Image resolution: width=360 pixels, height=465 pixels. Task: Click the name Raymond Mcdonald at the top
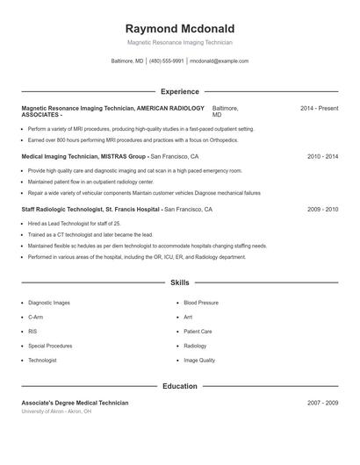pos(180,29)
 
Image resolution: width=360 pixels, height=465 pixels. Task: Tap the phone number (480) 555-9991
pos(166,61)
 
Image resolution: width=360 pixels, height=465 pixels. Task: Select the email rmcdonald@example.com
pos(220,61)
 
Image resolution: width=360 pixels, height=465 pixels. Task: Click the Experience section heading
pos(180,91)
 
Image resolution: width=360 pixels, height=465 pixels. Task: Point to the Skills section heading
pos(180,283)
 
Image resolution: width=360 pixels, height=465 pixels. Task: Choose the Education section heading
pos(180,386)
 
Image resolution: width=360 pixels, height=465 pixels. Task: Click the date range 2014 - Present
pos(319,108)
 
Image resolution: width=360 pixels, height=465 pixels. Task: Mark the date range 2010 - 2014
pos(322,156)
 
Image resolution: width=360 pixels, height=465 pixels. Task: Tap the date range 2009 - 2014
pos(322,210)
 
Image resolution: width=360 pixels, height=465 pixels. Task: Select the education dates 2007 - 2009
pos(322,403)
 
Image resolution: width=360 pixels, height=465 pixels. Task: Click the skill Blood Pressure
pos(201,302)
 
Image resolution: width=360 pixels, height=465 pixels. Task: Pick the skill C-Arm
pos(35,317)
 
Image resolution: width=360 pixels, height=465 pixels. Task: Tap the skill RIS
pos(32,332)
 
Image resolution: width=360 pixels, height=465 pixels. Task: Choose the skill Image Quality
pos(199,361)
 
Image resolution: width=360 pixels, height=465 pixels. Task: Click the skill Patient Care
pos(198,332)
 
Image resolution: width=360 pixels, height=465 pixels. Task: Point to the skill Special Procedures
pos(50,346)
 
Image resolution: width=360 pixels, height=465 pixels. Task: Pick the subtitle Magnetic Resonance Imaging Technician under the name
pos(180,42)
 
